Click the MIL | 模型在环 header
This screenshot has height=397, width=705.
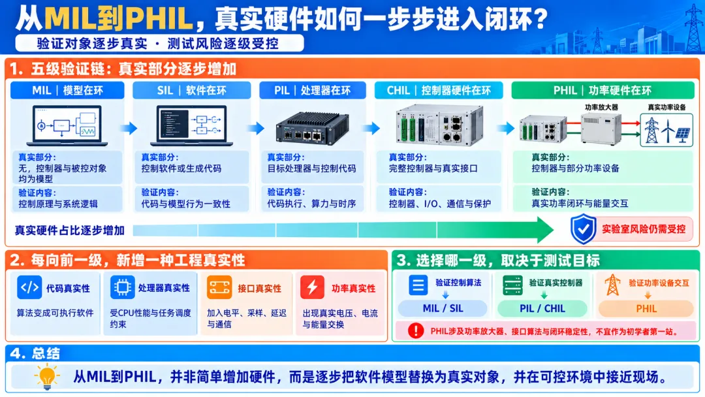pyautogui.click(x=67, y=90)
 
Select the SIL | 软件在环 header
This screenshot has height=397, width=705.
pyautogui.click(x=191, y=90)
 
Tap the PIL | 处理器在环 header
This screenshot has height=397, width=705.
pyautogui.click(x=313, y=90)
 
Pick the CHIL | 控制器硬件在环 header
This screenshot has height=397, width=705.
pyautogui.click(x=439, y=90)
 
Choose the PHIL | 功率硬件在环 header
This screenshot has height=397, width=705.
pyautogui.click(x=603, y=90)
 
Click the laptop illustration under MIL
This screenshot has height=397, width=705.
pyautogui.click(x=67, y=126)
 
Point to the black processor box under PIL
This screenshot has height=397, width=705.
pyautogui.click(x=313, y=128)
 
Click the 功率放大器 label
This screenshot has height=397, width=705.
pyautogui.click(x=601, y=107)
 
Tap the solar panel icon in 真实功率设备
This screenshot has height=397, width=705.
pyautogui.click(x=683, y=135)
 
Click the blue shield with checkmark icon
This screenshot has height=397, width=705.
pyautogui.click(x=583, y=229)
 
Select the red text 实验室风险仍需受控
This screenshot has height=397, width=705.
pyautogui.click(x=644, y=229)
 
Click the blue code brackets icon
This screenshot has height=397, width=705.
pyautogui.click(x=29, y=287)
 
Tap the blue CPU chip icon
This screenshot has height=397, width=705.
pyautogui.click(x=122, y=287)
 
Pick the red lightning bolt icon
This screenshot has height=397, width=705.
pyautogui.click(x=312, y=287)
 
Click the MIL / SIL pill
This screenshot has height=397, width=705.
pyautogui.click(x=443, y=308)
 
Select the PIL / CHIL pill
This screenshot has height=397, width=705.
pyautogui.click(x=542, y=308)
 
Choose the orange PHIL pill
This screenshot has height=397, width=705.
pyautogui.click(x=646, y=308)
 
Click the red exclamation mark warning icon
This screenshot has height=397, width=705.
pyautogui.click(x=415, y=331)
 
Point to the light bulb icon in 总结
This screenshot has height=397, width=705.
pyautogui.click(x=47, y=376)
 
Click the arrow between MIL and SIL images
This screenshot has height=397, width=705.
pyautogui.click(x=129, y=128)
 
